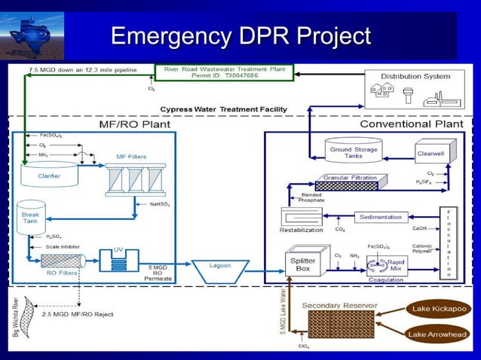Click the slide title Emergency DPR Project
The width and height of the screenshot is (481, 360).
pos(240,35)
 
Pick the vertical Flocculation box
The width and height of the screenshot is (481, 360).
pos(449,241)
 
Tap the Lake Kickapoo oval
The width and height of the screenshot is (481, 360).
pos(438,309)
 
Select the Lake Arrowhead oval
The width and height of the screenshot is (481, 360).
pos(438,334)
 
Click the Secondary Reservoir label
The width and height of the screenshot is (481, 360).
pos(339,305)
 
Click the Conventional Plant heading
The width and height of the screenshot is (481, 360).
pos(406,124)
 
